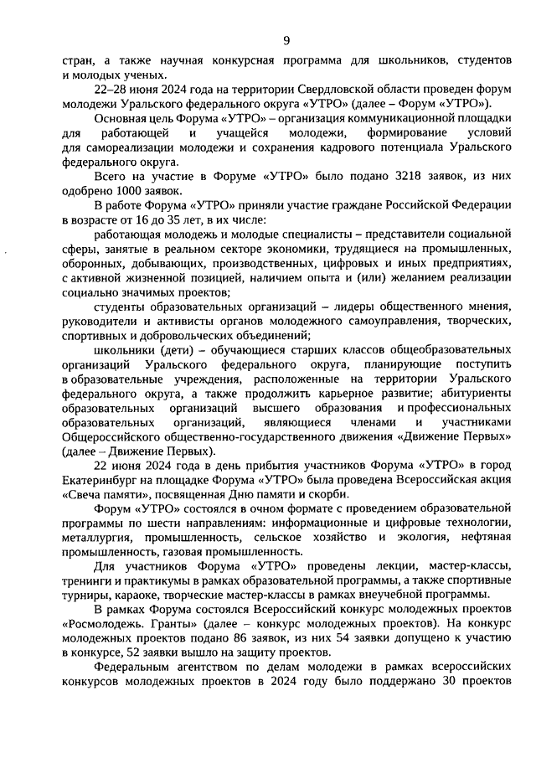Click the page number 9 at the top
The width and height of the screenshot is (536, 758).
coord(286,39)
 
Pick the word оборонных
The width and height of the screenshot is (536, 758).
coord(93,263)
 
